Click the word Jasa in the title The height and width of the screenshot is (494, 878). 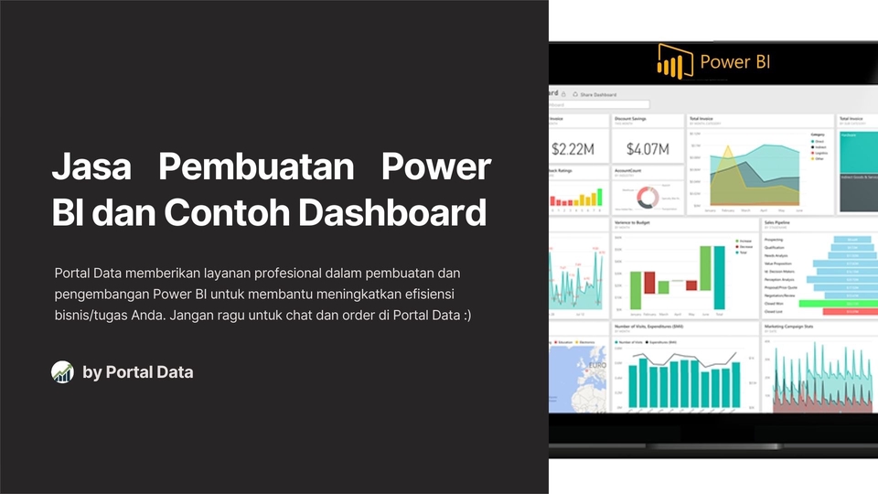coord(91,168)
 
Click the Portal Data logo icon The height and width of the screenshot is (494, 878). coord(62,371)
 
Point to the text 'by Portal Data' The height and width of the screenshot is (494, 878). coord(137,371)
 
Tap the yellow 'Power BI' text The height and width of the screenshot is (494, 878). coord(735,62)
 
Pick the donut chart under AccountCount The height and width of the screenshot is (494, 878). coord(648,196)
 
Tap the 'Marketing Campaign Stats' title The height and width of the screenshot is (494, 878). coord(792,325)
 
